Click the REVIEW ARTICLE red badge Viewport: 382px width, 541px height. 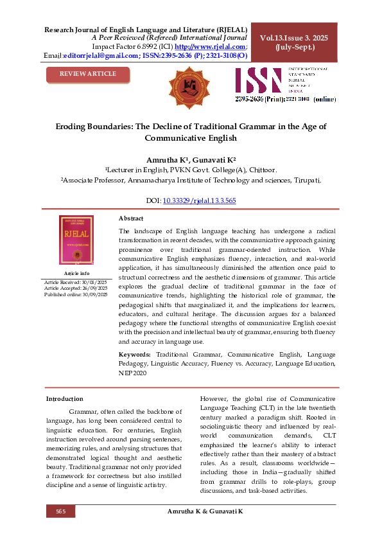pyautogui.click(x=87, y=75)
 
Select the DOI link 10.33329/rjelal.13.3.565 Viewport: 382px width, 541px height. pyautogui.click(x=200, y=201)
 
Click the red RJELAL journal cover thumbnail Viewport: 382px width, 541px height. pyautogui.click(x=76, y=240)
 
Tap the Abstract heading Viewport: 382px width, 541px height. pyautogui.click(x=131, y=218)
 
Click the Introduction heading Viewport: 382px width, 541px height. pyautogui.click(x=64, y=399)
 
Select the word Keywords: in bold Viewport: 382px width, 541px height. pyautogui.click(x=135, y=354)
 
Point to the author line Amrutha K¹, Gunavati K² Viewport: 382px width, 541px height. pyautogui.click(x=191, y=159)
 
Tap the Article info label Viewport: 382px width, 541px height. pyautogui.click(x=76, y=273)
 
